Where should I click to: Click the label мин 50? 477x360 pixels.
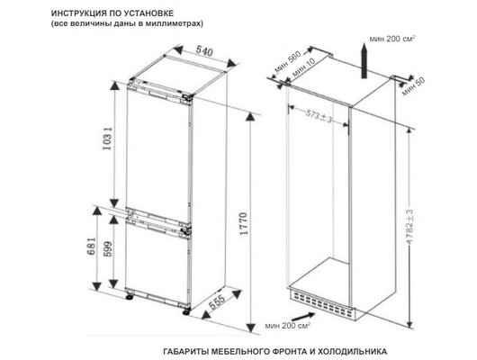point(411,89)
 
